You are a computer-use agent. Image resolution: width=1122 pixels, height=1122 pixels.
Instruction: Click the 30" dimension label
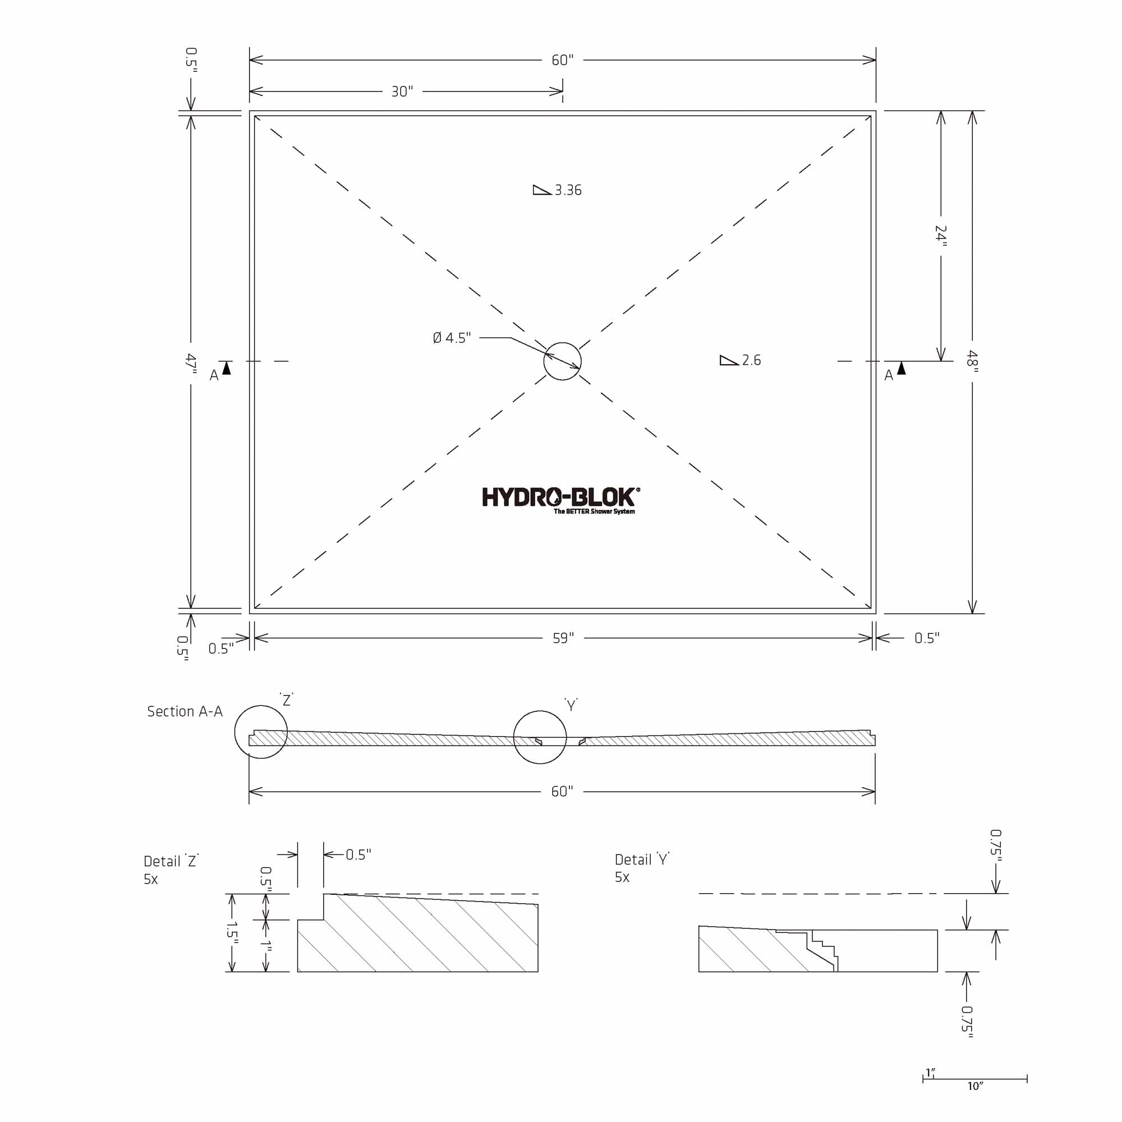point(402,91)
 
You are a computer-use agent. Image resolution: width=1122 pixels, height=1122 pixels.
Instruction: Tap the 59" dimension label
point(563,638)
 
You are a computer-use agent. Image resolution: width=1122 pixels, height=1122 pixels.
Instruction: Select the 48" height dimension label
point(972,361)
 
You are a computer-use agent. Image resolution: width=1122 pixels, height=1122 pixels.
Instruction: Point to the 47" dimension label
point(191,364)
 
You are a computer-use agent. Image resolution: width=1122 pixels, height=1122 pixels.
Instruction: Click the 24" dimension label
point(941,236)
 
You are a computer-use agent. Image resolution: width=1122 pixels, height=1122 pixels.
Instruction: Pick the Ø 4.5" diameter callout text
point(452,337)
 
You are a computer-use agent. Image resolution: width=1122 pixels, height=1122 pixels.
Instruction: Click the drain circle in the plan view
point(562,343)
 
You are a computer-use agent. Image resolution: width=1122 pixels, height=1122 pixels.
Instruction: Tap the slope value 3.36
point(568,190)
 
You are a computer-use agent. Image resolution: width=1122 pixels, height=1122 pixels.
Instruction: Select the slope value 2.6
point(752,360)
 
